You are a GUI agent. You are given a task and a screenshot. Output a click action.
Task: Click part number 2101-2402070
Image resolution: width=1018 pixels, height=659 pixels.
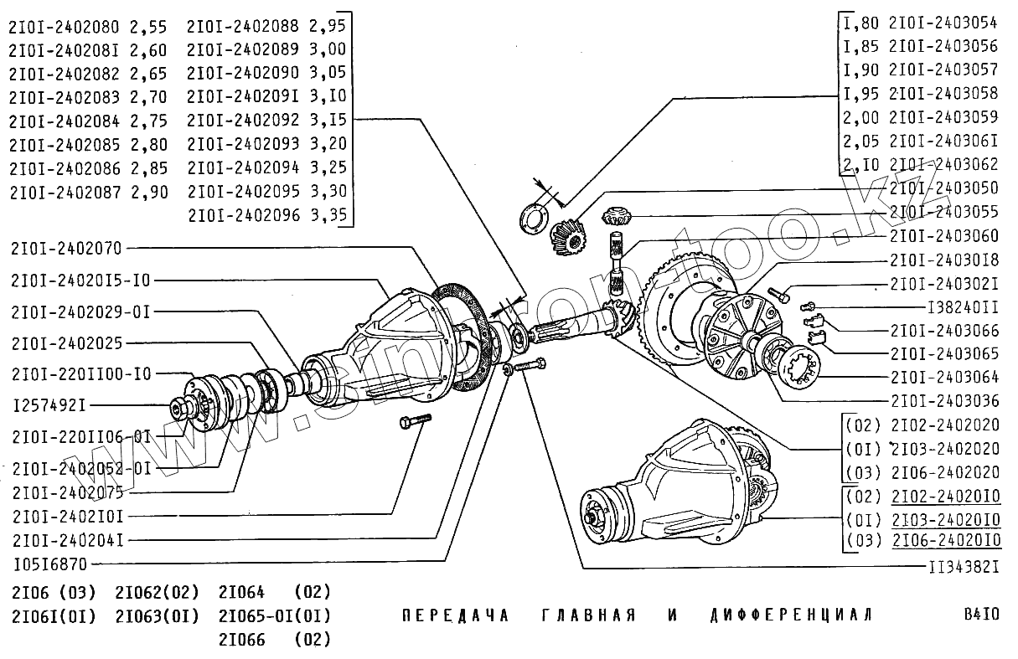coord(66,248)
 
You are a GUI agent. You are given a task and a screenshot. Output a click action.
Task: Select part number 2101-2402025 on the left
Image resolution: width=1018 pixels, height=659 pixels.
coord(66,343)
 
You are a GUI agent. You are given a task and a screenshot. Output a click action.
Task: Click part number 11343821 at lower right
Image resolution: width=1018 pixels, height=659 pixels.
coord(964,567)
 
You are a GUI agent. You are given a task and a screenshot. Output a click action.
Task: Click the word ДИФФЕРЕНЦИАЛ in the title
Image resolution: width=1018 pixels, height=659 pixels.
coord(790,615)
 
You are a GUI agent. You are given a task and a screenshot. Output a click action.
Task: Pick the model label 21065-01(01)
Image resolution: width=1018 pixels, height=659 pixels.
coord(274,616)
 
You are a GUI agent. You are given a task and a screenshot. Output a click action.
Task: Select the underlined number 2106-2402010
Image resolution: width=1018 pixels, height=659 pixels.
coord(945,541)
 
